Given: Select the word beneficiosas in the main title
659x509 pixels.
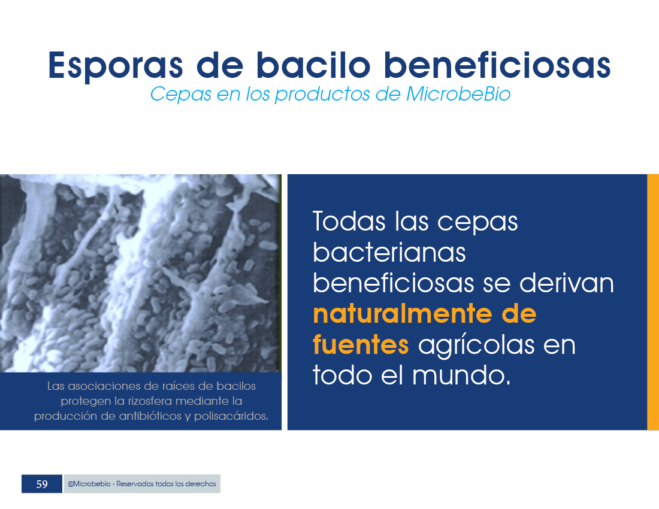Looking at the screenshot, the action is point(497,65).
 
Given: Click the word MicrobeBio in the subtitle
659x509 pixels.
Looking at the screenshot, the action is point(458,93).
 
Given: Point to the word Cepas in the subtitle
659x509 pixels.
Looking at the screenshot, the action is point(181,95).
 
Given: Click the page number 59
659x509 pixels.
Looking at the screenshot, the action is point(42,484).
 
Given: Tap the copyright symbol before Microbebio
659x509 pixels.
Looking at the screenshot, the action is point(70,484).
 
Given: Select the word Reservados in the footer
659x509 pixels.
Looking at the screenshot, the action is point(134,484).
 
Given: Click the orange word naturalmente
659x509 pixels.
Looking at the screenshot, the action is point(403,314).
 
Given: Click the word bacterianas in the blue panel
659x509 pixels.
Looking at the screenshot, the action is point(389,252).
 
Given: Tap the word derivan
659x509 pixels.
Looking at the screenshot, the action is point(567,283).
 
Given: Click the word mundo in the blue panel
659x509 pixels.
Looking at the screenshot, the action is point(461,375).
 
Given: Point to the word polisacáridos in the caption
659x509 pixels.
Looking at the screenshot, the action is point(231,416).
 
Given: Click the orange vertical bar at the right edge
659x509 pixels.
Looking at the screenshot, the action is point(653,302).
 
